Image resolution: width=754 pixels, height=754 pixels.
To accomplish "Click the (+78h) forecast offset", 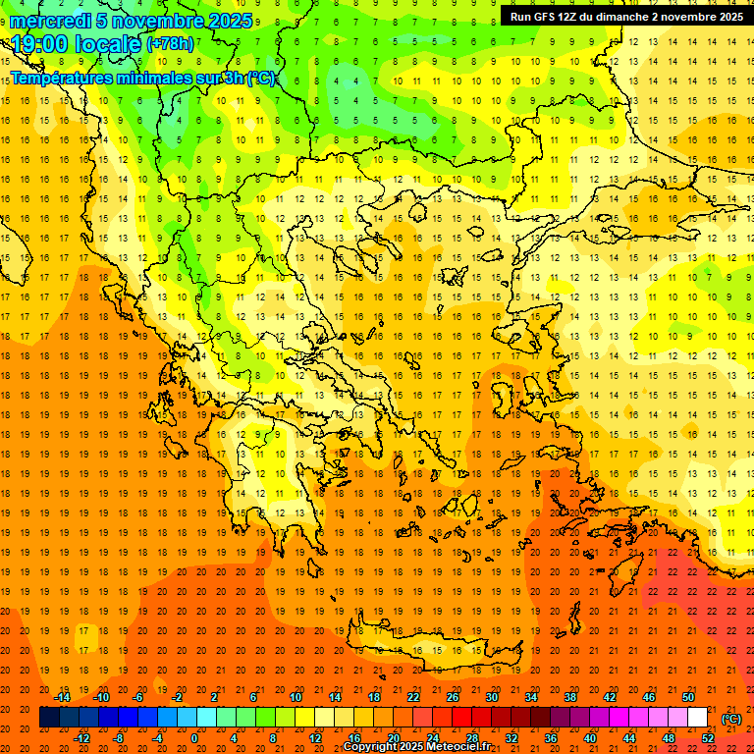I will pos(170,43).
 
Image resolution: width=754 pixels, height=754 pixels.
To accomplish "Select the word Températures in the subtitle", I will pos(64,78).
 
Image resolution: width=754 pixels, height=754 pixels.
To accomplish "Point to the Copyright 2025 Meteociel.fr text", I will pos(416,747).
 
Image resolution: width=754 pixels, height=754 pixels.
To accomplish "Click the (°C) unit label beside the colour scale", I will pos(731,718).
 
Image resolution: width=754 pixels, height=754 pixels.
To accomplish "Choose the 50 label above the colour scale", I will pos(687,697).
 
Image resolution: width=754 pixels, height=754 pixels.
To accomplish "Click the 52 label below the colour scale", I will pos(707,737).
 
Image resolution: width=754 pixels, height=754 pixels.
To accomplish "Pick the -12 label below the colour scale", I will pos(81,737).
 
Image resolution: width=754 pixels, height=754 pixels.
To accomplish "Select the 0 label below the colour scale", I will pos(194,737).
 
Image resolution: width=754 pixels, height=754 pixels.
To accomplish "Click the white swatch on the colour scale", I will pos(698,718).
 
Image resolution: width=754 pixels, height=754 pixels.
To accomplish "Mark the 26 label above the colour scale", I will pos(453,697).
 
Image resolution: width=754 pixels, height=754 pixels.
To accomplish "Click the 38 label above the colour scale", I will pos(569,697).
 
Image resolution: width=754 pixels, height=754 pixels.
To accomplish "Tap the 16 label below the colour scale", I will pos(354,737).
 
